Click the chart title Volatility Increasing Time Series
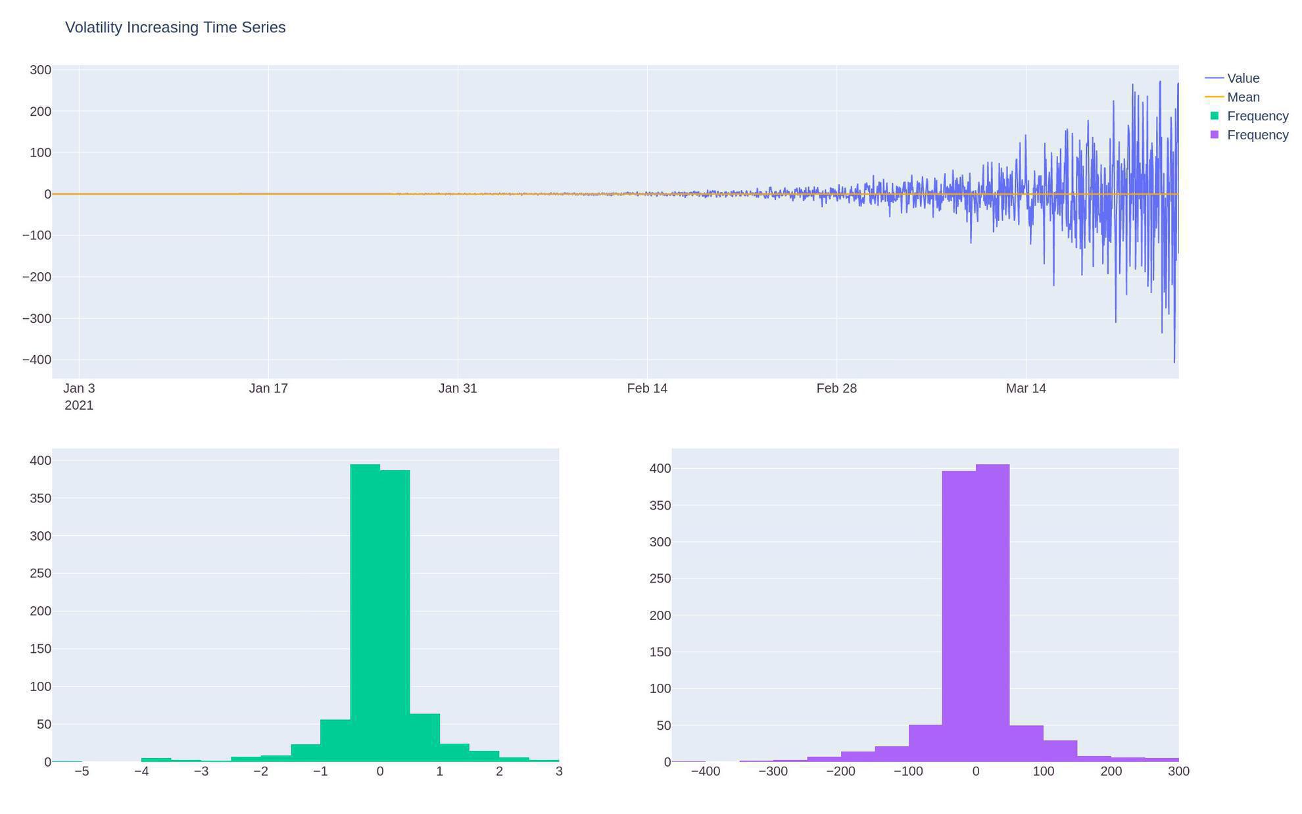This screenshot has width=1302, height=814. (175, 28)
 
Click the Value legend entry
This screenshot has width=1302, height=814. (1243, 78)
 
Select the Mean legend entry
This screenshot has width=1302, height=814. (1243, 97)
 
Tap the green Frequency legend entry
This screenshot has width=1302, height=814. (1257, 116)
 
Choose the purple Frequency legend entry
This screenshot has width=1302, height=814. (1257, 135)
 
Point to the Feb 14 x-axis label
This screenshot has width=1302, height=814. (647, 389)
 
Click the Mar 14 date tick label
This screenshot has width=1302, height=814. (1025, 389)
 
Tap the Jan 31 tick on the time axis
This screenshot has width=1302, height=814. (458, 389)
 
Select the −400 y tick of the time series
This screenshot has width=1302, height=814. (37, 360)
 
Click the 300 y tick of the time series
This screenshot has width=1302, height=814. (40, 70)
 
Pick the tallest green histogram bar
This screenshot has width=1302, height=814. (365, 611)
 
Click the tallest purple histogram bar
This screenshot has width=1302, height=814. (992, 611)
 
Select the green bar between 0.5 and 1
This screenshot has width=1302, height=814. (425, 737)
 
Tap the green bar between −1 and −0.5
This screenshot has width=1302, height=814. (335, 740)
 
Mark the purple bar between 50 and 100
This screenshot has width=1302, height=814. (1026, 743)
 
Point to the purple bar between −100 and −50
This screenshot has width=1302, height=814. (925, 743)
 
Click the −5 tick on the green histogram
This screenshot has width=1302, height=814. (82, 771)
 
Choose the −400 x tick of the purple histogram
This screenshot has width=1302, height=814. (705, 771)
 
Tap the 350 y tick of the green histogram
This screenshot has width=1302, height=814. (40, 498)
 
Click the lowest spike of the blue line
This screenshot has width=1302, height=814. (1174, 361)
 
